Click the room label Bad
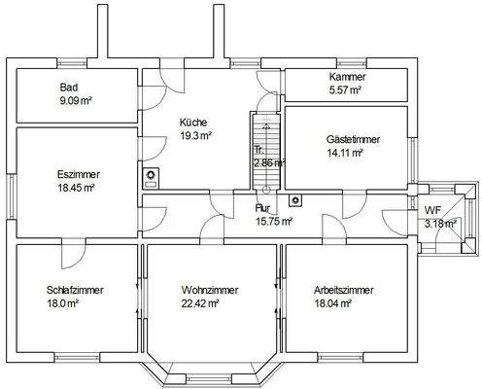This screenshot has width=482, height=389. pyautogui.click(x=69, y=88)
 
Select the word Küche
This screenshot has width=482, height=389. pyautogui.click(x=192, y=123)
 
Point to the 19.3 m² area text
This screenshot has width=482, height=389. pyautogui.click(x=195, y=135)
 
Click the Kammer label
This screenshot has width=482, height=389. pyautogui.click(x=346, y=77)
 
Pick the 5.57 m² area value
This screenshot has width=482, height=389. pyautogui.click(x=345, y=89)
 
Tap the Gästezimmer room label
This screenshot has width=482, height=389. pyautogui.click(x=353, y=140)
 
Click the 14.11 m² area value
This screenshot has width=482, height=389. pyautogui.click(x=345, y=153)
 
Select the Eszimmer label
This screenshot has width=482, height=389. pyautogui.click(x=78, y=174)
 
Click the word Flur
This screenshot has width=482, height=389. pyautogui.click(x=262, y=208)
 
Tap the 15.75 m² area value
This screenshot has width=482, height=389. pyautogui.click(x=273, y=221)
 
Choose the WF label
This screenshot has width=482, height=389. pyautogui.click(x=432, y=211)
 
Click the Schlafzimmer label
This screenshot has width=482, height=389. pyautogui.click(x=75, y=290)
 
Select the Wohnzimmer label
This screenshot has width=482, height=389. pyautogui.click(x=209, y=290)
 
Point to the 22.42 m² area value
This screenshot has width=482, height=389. pyautogui.click(x=200, y=302)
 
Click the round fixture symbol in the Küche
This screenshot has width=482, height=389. pyautogui.click(x=152, y=176)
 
